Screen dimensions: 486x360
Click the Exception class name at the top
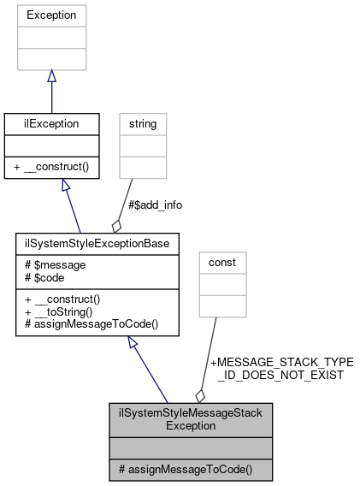(51, 15)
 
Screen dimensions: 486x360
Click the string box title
(142, 124)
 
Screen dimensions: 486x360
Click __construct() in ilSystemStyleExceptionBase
(67, 299)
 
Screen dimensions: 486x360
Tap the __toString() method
(64, 312)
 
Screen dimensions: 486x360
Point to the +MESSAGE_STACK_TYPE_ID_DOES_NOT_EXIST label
(280, 369)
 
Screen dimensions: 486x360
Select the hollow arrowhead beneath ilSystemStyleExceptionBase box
(133, 343)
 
